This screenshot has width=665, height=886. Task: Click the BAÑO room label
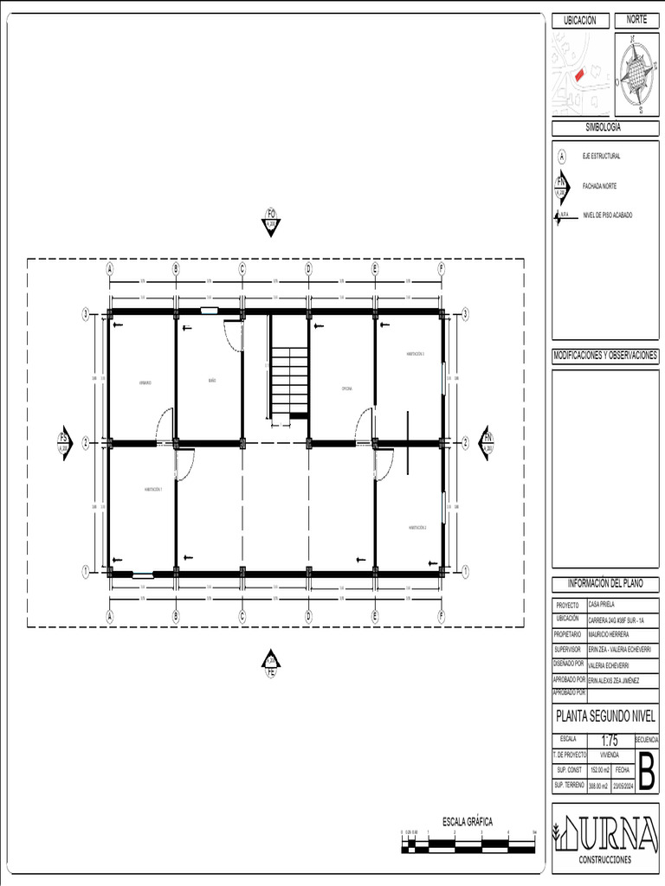pyautogui.click(x=210, y=381)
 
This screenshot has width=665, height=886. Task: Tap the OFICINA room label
pyautogui.click(x=346, y=389)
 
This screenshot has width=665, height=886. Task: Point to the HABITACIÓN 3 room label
pyautogui.click(x=416, y=354)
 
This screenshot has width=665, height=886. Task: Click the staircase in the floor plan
pyautogui.click(x=288, y=381)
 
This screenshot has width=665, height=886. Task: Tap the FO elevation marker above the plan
pyautogui.click(x=271, y=222)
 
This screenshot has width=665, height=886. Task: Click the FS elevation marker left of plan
pyautogui.click(x=63, y=442)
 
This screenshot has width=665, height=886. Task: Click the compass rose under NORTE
pyautogui.click(x=636, y=75)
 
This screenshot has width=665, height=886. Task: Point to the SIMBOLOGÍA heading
pyautogui.click(x=604, y=127)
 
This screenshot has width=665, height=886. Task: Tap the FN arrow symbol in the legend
pyautogui.click(x=561, y=184)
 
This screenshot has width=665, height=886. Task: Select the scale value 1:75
pyautogui.click(x=610, y=740)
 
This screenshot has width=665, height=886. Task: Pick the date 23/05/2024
pyautogui.click(x=623, y=786)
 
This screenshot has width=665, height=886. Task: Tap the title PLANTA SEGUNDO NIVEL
pyautogui.click(x=604, y=717)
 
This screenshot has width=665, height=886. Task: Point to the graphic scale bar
pyautogui.click(x=468, y=843)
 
